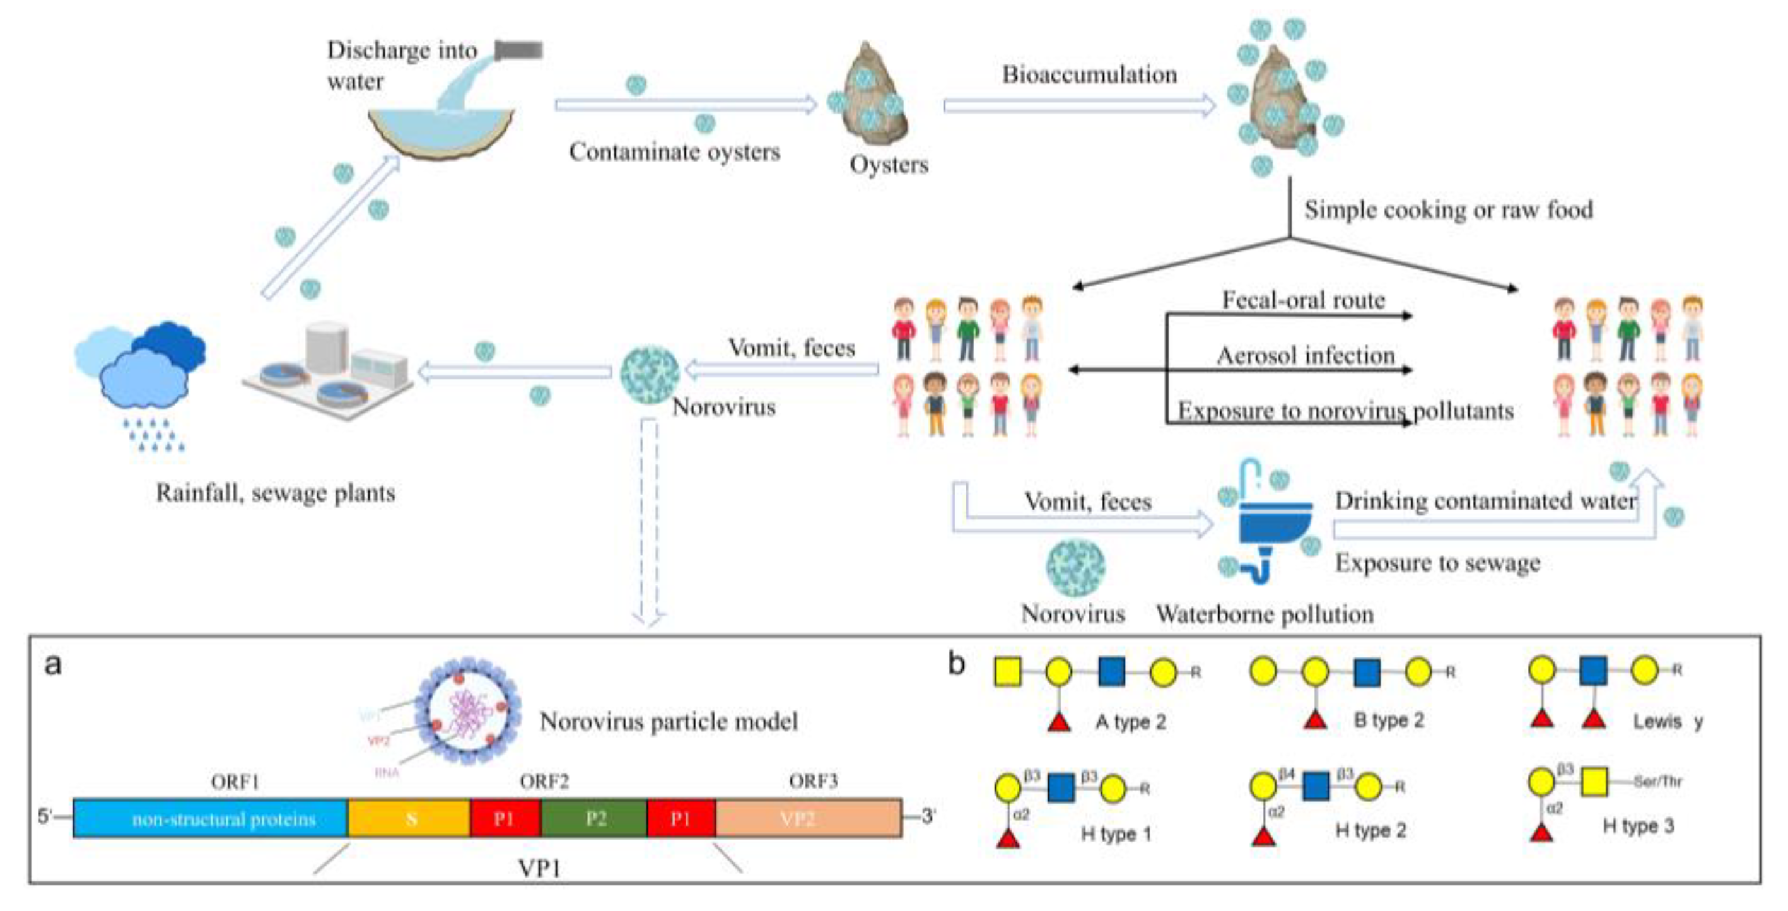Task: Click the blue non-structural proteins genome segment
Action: tap(210, 818)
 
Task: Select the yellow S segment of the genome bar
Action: tap(409, 818)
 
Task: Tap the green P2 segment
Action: tap(594, 818)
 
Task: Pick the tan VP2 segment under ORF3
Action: tap(809, 818)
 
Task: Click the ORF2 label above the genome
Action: tap(544, 782)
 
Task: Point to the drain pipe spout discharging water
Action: tap(518, 50)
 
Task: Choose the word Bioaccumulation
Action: tap(1089, 74)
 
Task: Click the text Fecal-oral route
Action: tap(1303, 300)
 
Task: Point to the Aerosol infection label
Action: tap(1306, 356)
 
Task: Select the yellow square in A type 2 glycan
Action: tap(1007, 672)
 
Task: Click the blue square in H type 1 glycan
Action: tap(1061, 788)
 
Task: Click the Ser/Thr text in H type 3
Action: tap(1657, 781)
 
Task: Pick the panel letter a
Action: tap(53, 664)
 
